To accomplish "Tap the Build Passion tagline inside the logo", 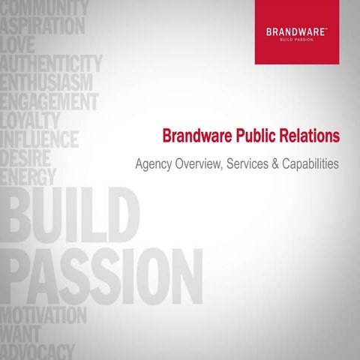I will coord(301,40).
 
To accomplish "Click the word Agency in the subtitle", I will coord(150,163).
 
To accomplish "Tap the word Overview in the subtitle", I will coord(196,163).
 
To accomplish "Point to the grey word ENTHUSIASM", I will coord(47,82).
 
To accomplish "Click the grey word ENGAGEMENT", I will coord(49,100).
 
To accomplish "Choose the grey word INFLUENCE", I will coord(49,139).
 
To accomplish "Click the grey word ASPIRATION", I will coord(43,25).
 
